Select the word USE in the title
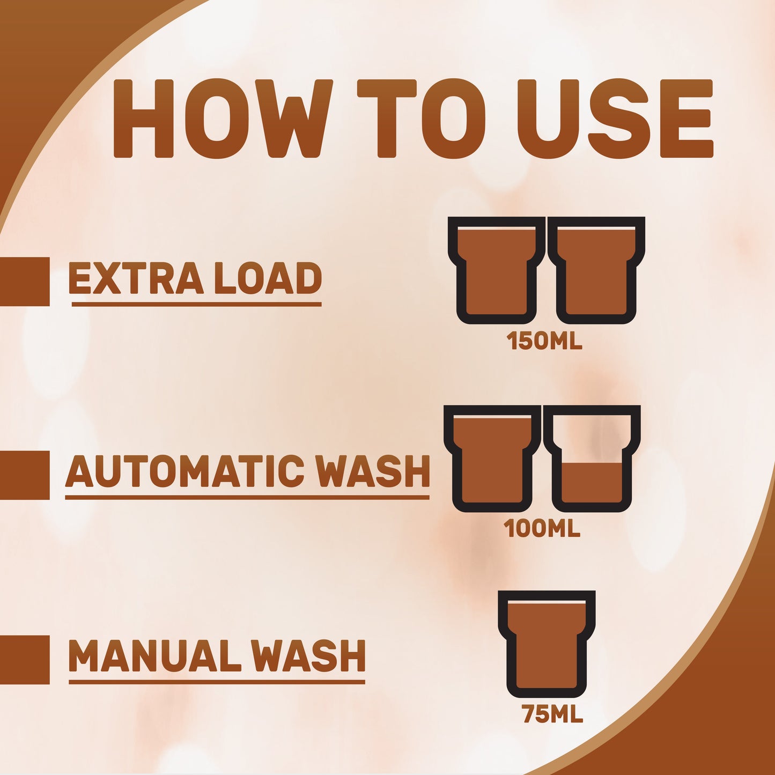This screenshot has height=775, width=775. (615, 119)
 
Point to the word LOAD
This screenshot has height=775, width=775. (268, 278)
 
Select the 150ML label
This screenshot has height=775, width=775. (544, 341)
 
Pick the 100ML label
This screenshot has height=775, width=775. (542, 529)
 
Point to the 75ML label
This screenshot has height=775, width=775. (552, 714)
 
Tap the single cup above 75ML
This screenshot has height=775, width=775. (547, 644)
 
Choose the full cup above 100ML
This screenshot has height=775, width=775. (492, 459)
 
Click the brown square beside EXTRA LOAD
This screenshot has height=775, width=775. (25, 282)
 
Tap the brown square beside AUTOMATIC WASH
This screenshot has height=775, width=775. (25, 475)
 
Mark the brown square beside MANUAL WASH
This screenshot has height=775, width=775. (25, 660)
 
